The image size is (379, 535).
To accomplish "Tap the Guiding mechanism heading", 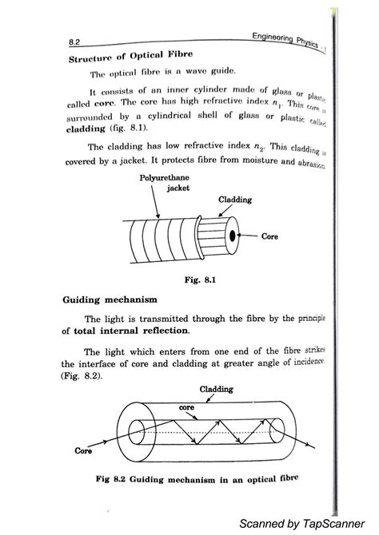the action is pos(105,300).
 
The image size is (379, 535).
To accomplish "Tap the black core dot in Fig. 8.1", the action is pos(231,236).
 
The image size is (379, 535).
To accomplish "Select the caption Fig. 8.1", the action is pos(195,280).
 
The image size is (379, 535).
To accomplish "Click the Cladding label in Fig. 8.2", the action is pos(216,389).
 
